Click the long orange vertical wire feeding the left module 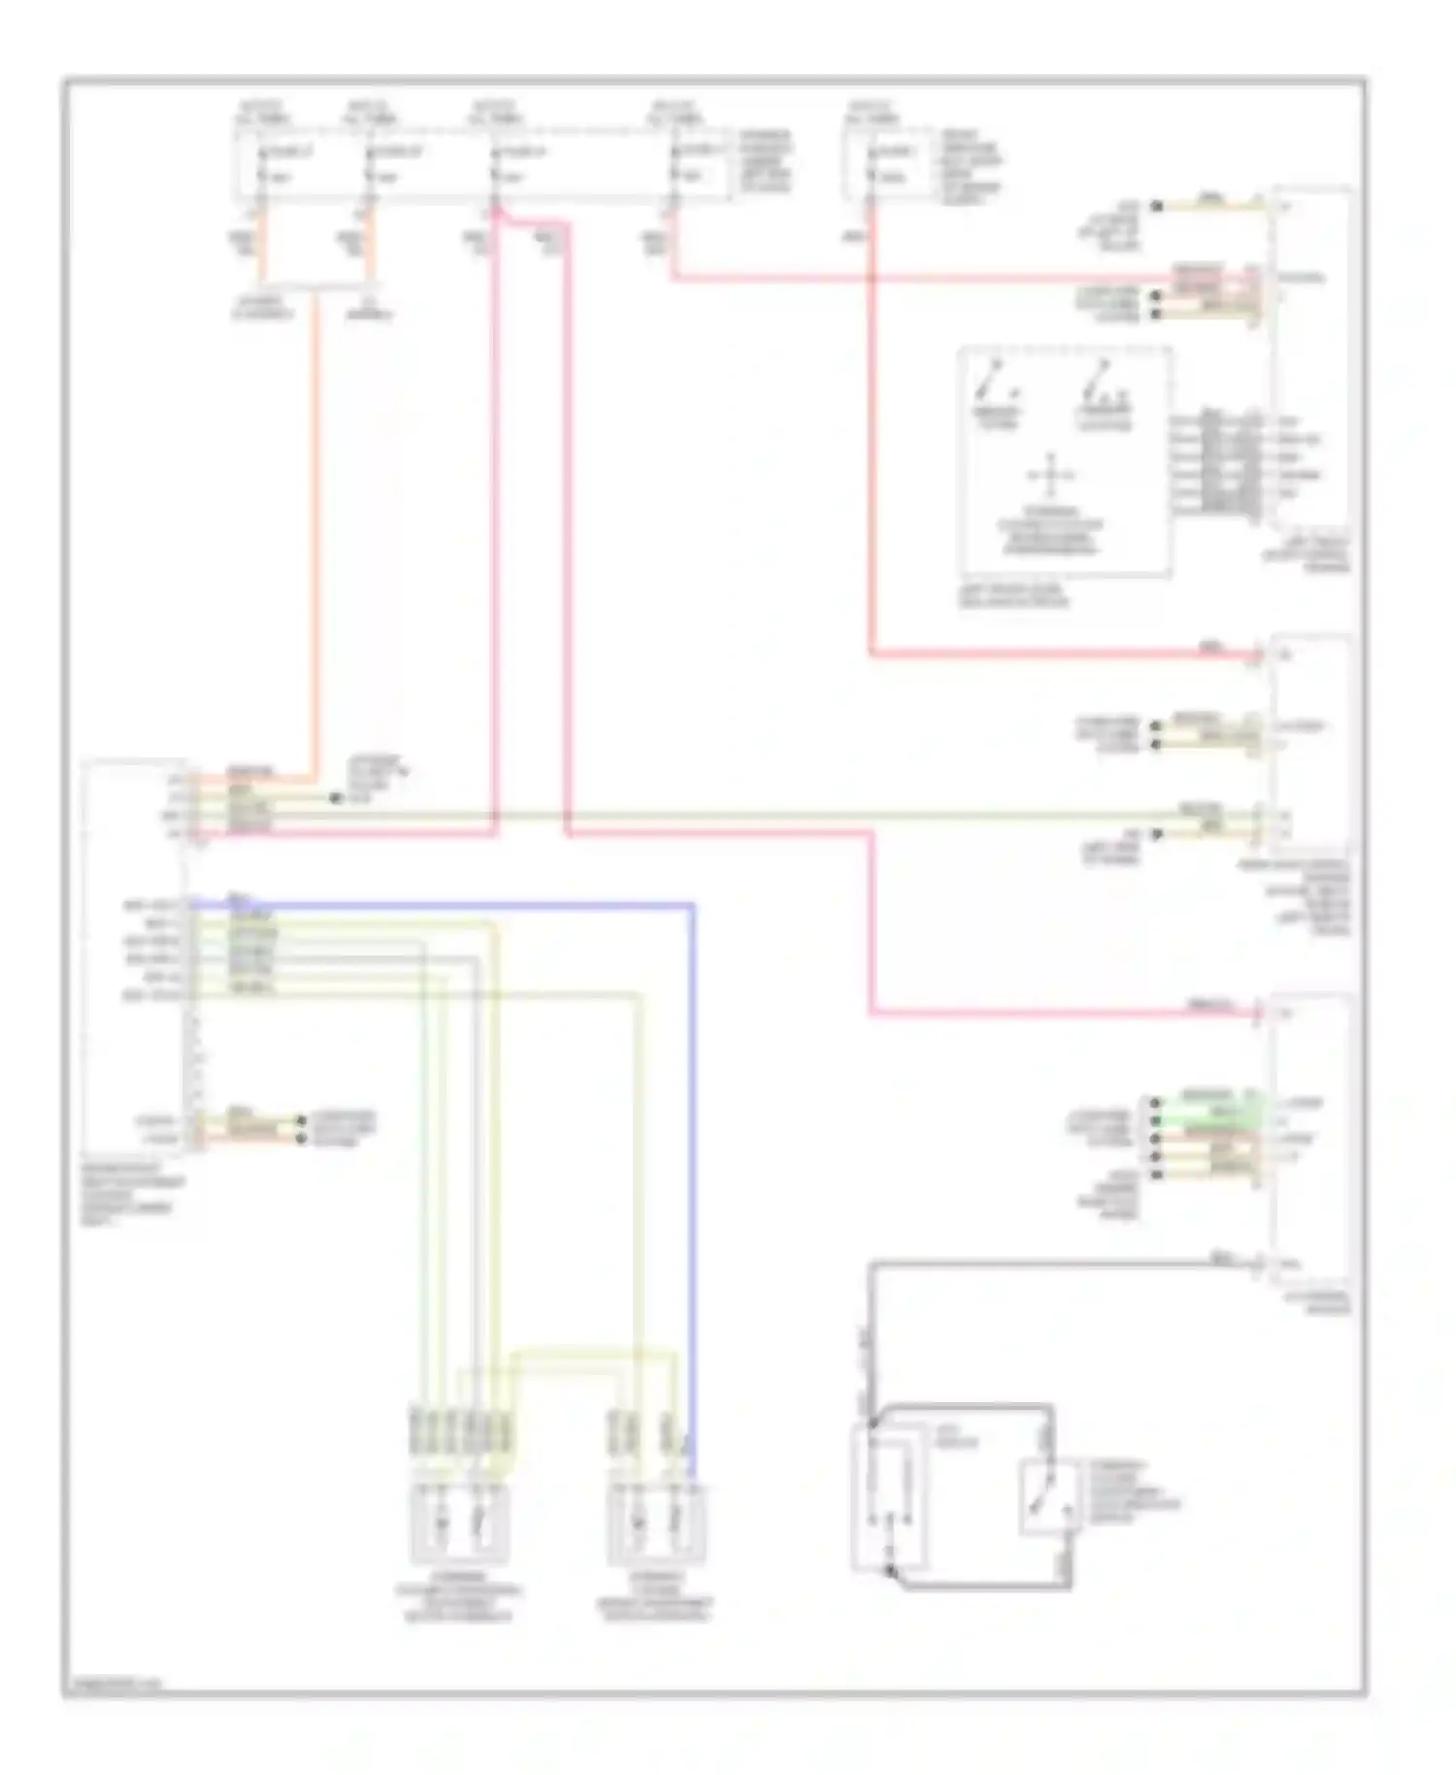(315, 534)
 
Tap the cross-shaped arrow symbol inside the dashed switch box (1050, 476)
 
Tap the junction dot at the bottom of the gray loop (889, 1570)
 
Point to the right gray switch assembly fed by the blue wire (656, 1523)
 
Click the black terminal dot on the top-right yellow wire (1155, 206)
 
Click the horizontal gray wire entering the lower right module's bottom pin (1068, 1263)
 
